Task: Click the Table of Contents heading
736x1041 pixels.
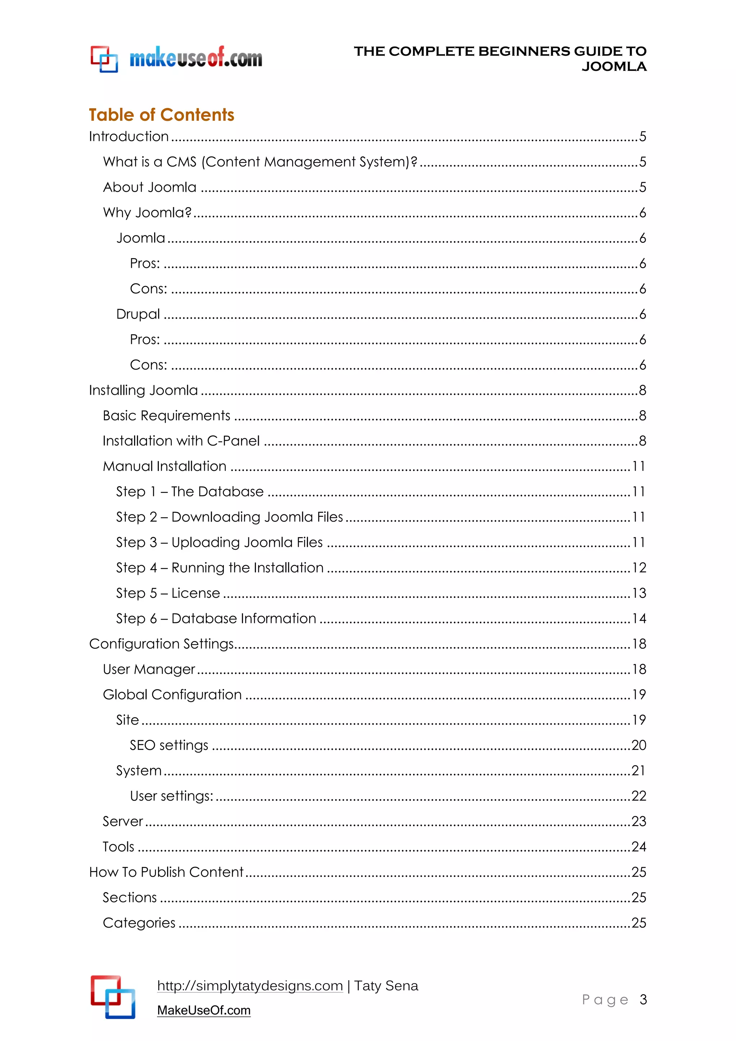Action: (161, 115)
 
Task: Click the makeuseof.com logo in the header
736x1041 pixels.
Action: (177, 59)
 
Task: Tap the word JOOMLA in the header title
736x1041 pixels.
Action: (614, 67)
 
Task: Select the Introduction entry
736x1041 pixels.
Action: (129, 137)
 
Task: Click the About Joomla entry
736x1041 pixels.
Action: (149, 187)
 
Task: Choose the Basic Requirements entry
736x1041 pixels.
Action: (166, 416)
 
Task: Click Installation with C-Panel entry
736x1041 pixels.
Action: (181, 441)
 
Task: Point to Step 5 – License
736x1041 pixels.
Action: (168, 593)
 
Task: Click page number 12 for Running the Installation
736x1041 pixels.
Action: (639, 568)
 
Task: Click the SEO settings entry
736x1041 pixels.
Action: (169, 746)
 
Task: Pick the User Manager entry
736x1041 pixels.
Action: (149, 670)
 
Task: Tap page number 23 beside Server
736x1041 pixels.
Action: (639, 822)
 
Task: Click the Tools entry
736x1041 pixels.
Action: (118, 847)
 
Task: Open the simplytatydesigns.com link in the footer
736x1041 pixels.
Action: (250, 986)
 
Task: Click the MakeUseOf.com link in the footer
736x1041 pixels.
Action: (203, 1010)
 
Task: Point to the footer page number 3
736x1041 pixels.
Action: (643, 999)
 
